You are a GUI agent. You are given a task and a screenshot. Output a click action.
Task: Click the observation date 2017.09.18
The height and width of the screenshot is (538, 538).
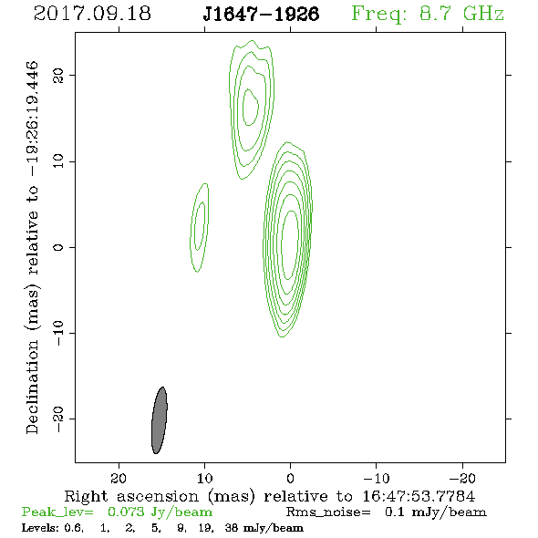pos(92,14)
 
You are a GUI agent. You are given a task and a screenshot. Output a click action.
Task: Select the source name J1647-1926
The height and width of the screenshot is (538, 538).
pos(261,14)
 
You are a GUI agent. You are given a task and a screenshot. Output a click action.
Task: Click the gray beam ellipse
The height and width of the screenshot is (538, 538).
pos(160,420)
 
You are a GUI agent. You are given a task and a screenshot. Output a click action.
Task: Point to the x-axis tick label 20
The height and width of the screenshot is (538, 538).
pos(119,478)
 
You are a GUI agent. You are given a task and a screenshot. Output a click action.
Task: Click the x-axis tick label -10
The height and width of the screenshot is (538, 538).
pos(376,478)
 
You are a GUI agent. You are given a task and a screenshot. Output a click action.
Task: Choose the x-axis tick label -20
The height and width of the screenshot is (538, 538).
pos(462,478)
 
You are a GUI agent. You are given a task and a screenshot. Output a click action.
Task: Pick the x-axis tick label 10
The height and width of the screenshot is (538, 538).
pos(204,478)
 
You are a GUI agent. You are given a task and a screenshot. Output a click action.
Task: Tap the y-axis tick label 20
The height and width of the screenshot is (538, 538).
pos(58,75)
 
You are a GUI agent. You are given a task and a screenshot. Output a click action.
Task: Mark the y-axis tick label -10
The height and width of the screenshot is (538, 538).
pos(58,333)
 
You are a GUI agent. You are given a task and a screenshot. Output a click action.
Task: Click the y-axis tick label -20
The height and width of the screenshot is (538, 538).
pos(58,419)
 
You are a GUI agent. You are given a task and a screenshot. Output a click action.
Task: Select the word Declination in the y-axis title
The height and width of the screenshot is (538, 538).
pos(32,387)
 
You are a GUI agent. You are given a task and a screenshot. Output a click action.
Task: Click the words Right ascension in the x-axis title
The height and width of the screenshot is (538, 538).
pos(131,496)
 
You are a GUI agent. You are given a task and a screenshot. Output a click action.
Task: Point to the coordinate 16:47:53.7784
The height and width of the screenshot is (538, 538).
pos(419,496)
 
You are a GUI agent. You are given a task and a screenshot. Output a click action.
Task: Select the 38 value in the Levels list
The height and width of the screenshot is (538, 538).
pos(232,527)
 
